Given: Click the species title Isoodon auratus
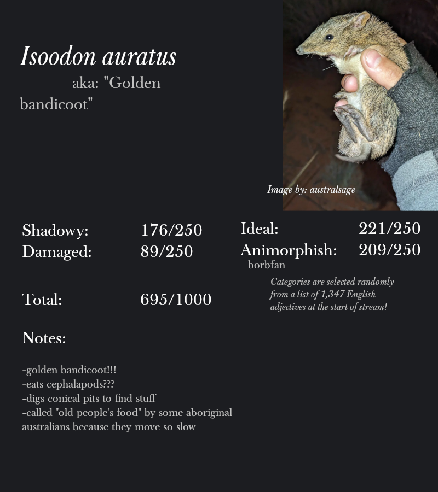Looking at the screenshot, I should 98,57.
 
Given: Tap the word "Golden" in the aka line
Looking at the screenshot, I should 135,83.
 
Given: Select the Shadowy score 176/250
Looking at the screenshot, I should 171,230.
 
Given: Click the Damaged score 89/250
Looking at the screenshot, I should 166,251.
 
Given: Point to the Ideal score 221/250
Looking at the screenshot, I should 389,229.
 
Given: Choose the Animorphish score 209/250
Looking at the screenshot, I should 389,250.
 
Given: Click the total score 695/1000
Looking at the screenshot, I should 176,300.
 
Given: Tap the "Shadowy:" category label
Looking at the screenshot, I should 55,231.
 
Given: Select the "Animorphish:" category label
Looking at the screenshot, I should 289,250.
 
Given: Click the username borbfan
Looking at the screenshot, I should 266,265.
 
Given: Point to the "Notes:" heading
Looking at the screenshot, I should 44,338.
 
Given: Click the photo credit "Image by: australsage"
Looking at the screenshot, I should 311,190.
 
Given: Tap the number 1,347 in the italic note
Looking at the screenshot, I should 332,295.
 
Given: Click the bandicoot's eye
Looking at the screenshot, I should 329,37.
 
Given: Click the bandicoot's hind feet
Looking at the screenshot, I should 350,123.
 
